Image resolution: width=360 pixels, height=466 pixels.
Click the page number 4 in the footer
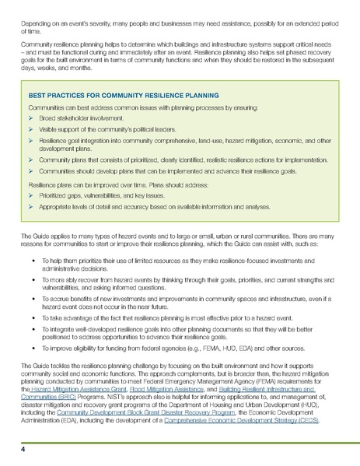pyautogui.click(x=24, y=449)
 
